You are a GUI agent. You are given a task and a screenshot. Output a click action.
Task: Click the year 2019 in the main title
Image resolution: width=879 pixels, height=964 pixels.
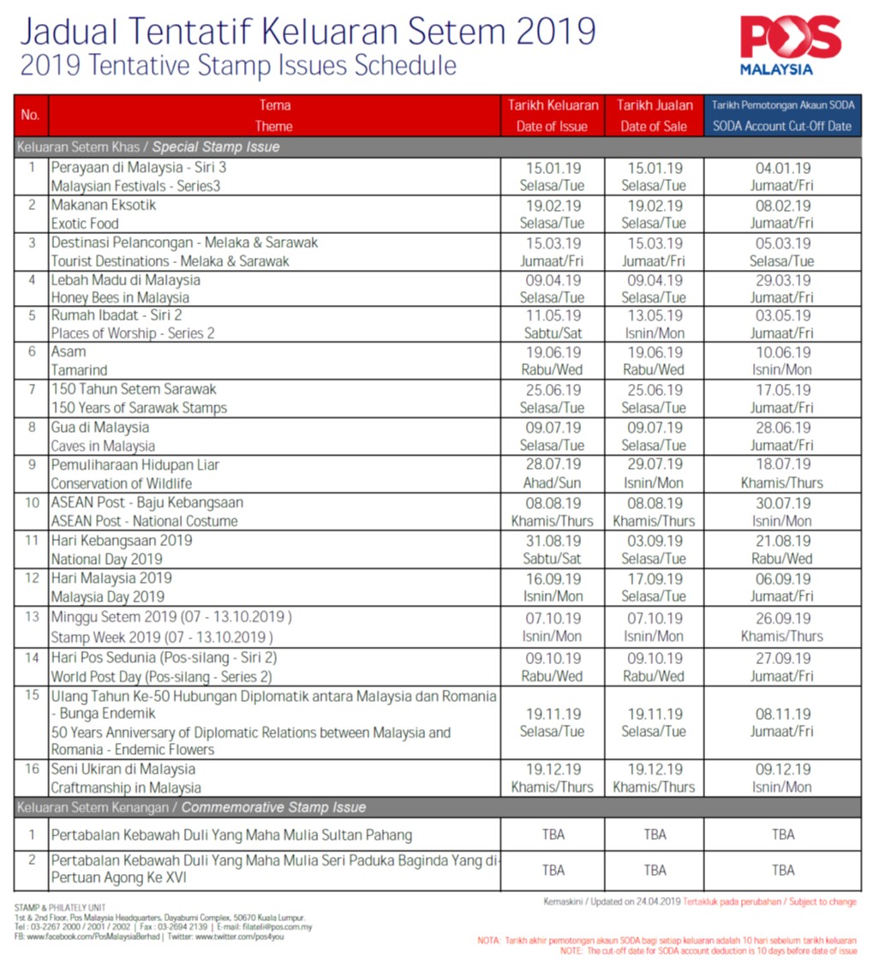tap(555, 31)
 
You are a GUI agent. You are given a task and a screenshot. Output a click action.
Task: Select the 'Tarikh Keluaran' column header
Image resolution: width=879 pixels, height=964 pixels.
tap(553, 105)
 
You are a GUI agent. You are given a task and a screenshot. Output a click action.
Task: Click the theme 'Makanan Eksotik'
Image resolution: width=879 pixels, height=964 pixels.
tap(104, 206)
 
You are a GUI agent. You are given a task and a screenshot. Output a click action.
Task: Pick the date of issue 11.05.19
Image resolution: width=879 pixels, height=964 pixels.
tap(553, 316)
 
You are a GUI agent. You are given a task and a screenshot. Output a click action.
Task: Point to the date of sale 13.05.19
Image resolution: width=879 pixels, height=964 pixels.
tap(655, 316)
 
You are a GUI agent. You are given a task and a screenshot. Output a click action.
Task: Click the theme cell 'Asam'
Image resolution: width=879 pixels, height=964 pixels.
tap(69, 352)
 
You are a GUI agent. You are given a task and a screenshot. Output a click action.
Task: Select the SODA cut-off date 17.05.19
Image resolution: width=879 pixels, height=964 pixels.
tap(782, 391)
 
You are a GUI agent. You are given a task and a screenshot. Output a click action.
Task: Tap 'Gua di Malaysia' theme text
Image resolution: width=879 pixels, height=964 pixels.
tap(99, 428)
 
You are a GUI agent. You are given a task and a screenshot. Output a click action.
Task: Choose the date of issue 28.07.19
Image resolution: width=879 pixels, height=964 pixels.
tap(553, 464)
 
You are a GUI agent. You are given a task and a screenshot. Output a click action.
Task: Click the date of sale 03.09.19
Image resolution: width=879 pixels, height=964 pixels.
tap(655, 542)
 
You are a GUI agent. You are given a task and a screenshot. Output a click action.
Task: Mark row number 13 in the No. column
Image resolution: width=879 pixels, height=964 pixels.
tap(32, 617)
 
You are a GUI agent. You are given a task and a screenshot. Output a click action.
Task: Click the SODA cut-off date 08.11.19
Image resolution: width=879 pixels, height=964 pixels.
tap(782, 715)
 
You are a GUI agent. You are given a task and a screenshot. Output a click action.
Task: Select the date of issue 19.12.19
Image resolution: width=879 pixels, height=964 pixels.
tap(553, 769)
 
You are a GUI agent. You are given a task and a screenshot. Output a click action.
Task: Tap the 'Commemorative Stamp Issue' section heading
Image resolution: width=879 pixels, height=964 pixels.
tap(273, 807)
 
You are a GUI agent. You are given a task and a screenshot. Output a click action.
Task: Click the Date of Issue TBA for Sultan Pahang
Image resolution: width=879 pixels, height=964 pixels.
tap(553, 835)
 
